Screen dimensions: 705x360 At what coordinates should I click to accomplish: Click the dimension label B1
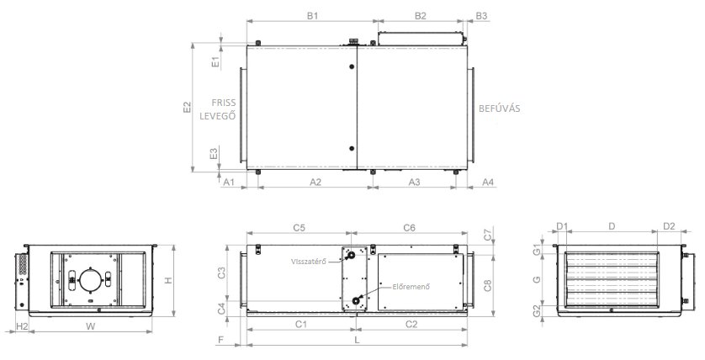312,16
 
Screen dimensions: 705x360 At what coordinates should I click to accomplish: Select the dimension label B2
420,16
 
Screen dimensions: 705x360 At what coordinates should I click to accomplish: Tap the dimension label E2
187,107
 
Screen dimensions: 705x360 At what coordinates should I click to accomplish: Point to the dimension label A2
315,182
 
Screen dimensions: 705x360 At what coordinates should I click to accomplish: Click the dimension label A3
414,182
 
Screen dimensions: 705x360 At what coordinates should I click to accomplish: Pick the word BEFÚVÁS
499,109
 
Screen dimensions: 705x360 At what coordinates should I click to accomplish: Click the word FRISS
224,103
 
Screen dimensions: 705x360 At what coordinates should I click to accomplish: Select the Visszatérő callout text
308,261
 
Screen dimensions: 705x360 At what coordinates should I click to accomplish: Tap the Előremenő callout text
411,286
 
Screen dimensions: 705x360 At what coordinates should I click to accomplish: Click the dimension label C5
299,228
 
